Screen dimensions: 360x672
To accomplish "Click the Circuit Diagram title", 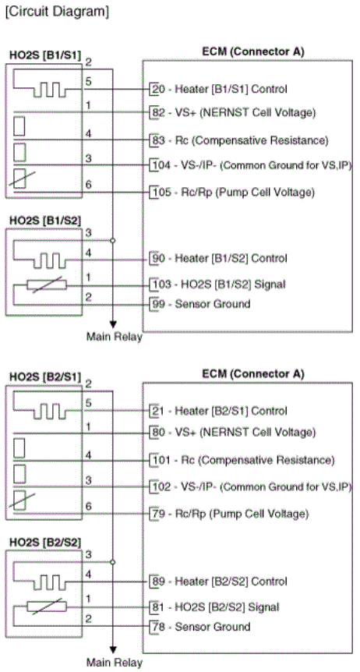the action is click(57, 12).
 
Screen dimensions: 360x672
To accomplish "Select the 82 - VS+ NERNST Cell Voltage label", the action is click(235, 113).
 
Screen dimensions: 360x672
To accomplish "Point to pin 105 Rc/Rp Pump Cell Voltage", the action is click(235, 193).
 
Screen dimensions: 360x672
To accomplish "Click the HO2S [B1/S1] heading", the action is click(45, 56).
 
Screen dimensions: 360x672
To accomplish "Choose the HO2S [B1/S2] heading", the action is click(45, 221).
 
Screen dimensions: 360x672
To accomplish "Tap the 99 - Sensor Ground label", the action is click(202, 304).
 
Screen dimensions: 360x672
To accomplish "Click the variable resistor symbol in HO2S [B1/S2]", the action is click(47, 285).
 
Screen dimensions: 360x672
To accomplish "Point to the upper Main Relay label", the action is click(115, 337).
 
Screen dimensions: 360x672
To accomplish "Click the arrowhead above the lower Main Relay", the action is click(113, 649).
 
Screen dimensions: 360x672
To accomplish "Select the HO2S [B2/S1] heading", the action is click(45, 377).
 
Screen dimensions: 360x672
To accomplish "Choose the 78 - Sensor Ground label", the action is click(202, 627).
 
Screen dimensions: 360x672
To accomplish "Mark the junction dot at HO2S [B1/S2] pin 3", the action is click(113, 240).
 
